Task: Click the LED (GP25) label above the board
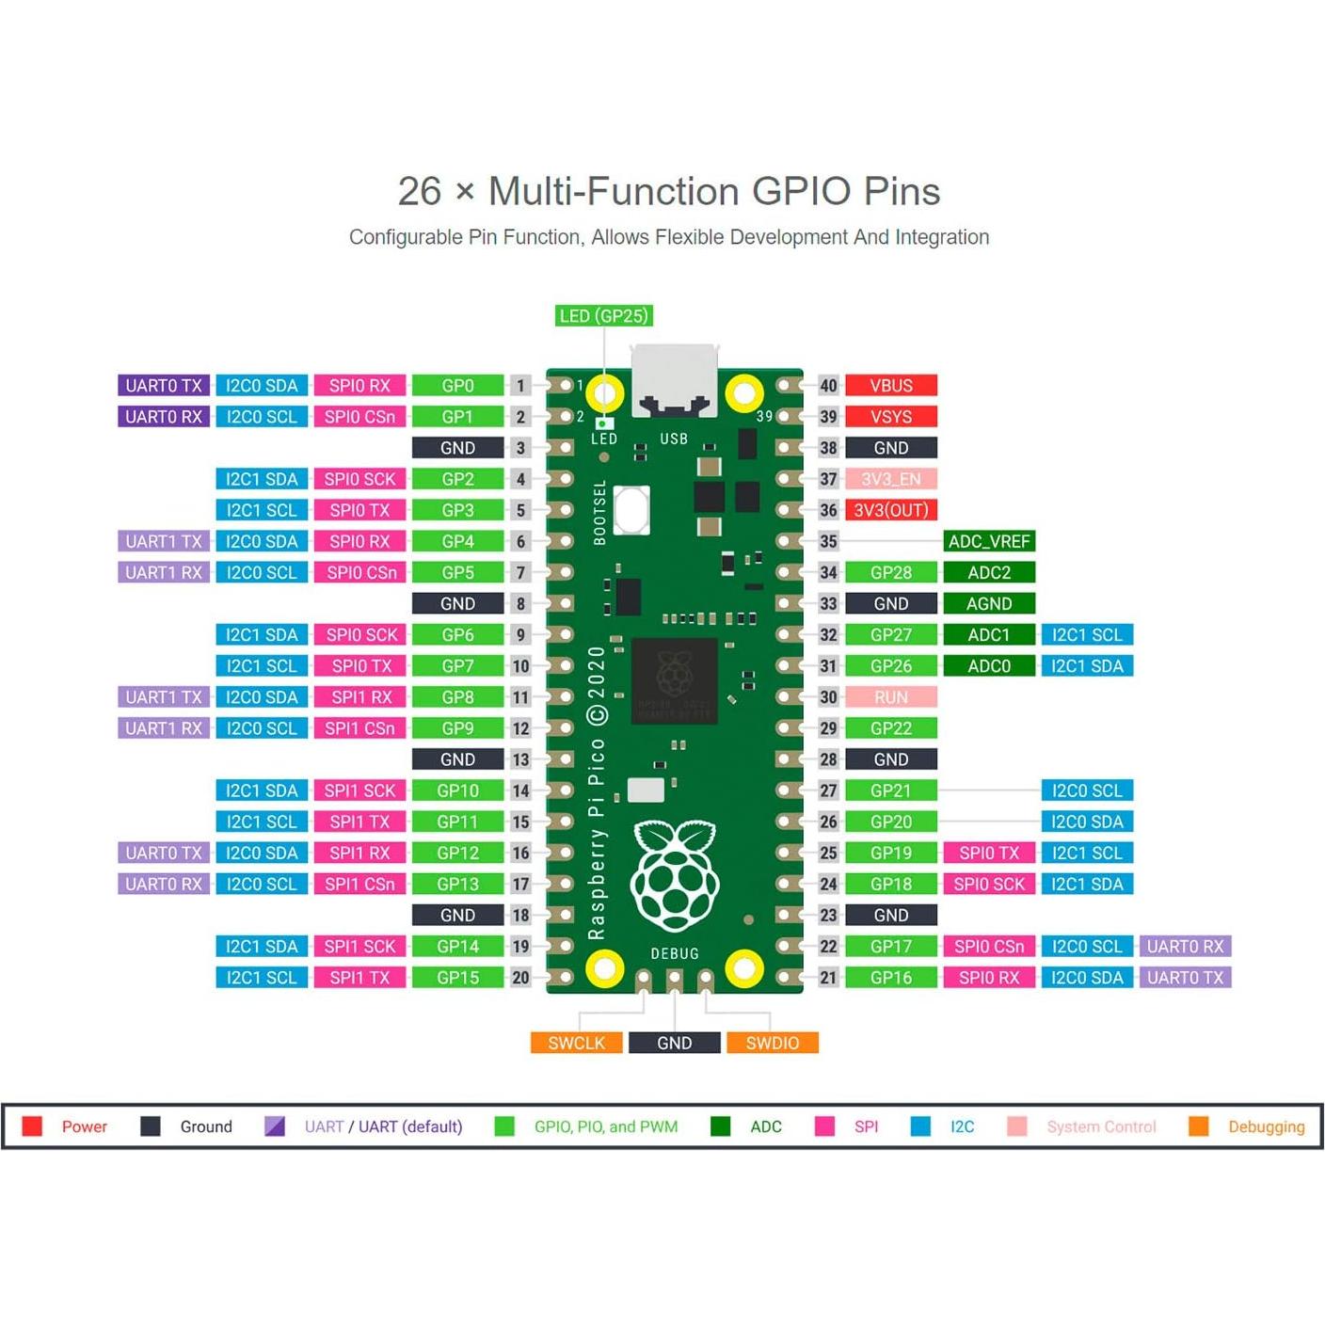pos(603,316)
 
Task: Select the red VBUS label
pos(890,386)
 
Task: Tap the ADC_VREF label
pos(988,541)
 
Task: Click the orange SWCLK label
pos(576,1043)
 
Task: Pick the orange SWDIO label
pos(772,1043)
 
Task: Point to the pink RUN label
pos(890,697)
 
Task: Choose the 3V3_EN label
pos(890,479)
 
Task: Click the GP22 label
pos(890,728)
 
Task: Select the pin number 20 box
pos(520,978)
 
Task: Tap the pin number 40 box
pos(828,386)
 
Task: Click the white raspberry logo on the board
pos(674,875)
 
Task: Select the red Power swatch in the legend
pos(32,1126)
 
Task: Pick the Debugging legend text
pos(1266,1126)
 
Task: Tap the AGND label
pos(988,603)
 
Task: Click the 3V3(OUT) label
pos(890,510)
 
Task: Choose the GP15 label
pos(457,978)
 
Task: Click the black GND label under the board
pos(674,1043)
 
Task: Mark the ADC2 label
pos(988,572)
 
